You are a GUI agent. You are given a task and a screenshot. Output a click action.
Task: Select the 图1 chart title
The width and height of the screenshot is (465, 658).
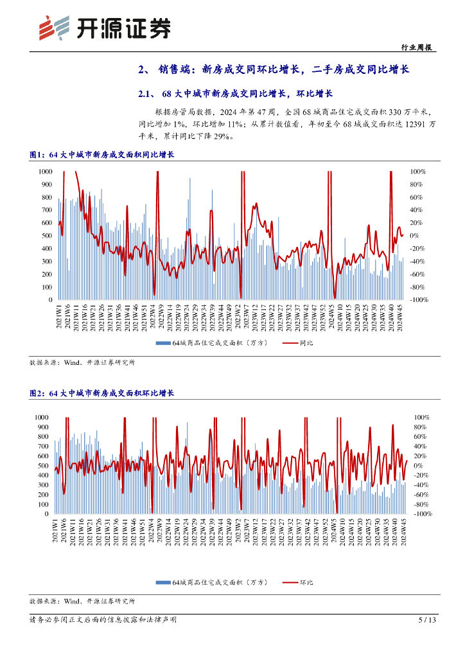coord(102,155)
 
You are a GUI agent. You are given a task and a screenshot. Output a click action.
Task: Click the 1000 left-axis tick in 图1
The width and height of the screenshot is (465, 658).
coord(46,172)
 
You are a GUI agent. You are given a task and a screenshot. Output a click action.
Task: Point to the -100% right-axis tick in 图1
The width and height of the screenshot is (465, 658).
coord(419,300)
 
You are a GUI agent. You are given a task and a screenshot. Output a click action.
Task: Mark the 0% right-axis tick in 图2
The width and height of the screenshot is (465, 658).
coord(417,465)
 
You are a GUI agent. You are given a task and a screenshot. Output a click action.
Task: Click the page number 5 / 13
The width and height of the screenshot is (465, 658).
coord(426,620)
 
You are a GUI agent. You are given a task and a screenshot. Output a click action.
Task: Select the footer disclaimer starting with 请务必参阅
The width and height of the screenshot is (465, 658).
coord(103,620)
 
